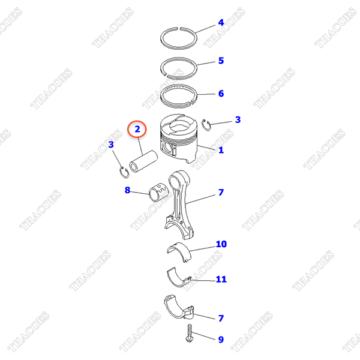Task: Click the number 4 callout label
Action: click(x=221, y=23)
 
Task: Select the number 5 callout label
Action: click(x=221, y=61)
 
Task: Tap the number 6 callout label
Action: click(x=221, y=94)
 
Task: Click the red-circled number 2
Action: click(x=137, y=128)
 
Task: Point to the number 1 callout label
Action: click(x=221, y=150)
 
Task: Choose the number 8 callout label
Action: click(x=127, y=191)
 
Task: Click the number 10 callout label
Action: click(x=221, y=244)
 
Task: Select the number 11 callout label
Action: click(x=221, y=279)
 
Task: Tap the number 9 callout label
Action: click(x=221, y=340)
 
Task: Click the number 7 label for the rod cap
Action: click(x=221, y=317)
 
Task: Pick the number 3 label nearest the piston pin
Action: click(x=112, y=145)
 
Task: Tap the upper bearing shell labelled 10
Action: click(x=180, y=249)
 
